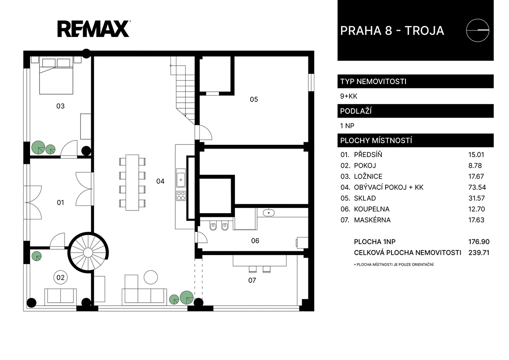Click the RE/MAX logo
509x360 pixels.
(94, 29)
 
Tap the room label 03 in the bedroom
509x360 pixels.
(60, 106)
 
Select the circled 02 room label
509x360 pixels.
(60, 278)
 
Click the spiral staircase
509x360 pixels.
(88, 252)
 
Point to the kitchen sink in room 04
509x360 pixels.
(181, 177)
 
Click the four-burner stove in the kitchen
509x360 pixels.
(181, 196)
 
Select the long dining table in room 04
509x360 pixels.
(132, 183)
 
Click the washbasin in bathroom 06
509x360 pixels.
(268, 213)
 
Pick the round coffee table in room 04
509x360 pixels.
(151, 277)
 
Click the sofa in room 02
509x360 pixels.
(60, 297)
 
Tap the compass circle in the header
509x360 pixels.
(478, 30)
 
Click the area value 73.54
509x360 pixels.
(477, 187)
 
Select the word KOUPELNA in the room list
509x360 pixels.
(372, 209)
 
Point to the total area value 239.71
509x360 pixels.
(479, 253)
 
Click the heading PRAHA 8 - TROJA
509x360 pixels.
(392, 31)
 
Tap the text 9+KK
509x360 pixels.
(349, 96)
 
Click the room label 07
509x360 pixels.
(252, 281)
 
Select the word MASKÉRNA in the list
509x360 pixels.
(372, 220)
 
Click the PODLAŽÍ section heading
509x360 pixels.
(356, 111)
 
